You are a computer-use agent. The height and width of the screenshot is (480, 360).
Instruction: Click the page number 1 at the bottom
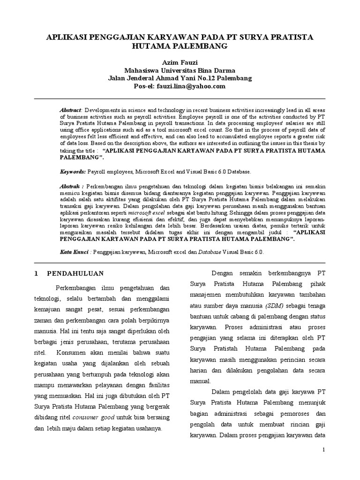point(323,450)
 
